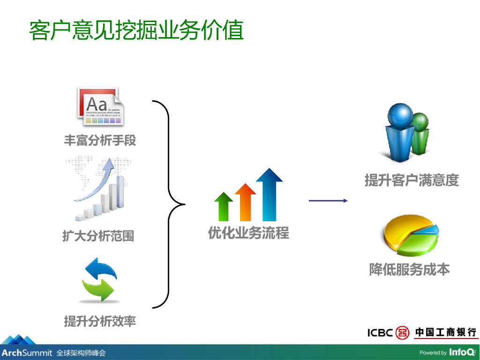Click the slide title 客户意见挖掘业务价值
click(x=136, y=30)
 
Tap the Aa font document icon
click(x=101, y=106)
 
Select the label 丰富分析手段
click(x=100, y=140)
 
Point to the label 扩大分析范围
click(x=98, y=236)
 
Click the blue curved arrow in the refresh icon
click(x=101, y=269)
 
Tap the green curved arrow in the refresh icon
click(x=98, y=290)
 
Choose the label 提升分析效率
click(x=100, y=321)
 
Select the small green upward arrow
click(x=224, y=207)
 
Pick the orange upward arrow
click(x=245, y=202)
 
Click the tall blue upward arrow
click(x=269, y=195)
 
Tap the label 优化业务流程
click(x=248, y=232)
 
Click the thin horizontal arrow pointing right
click(x=328, y=201)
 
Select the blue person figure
click(x=400, y=132)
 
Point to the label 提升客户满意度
click(x=412, y=180)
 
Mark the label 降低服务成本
click(x=410, y=270)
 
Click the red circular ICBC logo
click(x=403, y=332)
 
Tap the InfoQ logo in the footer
click(x=462, y=352)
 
